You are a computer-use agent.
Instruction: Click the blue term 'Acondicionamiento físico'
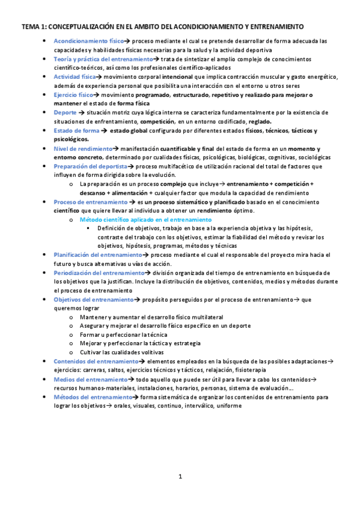[x=84, y=41]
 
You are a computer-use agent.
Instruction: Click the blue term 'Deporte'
[x=65, y=112]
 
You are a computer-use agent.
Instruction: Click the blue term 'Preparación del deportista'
[x=90, y=167]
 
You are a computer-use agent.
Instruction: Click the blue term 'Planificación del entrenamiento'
[x=98, y=255]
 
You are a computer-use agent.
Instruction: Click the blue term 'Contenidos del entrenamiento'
[x=96, y=361]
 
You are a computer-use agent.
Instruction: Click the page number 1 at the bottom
[x=180, y=477]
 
